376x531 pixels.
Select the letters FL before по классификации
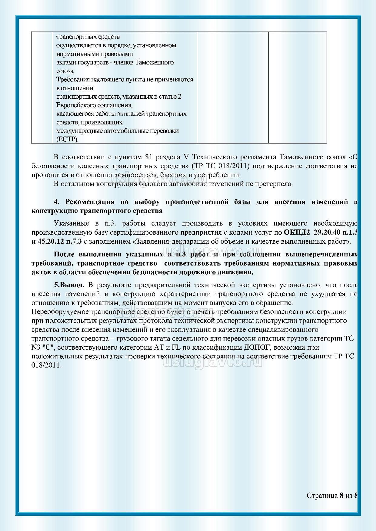coord(176,347)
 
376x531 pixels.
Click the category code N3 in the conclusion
coord(36,347)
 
